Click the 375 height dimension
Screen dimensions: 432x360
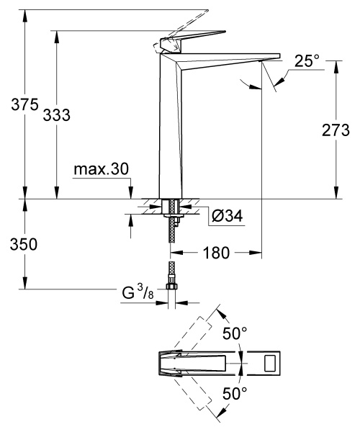(x=14, y=104)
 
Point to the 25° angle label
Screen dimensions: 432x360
(x=307, y=61)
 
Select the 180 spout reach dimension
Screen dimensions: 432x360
(x=216, y=253)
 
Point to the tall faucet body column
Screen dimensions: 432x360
(x=170, y=130)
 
